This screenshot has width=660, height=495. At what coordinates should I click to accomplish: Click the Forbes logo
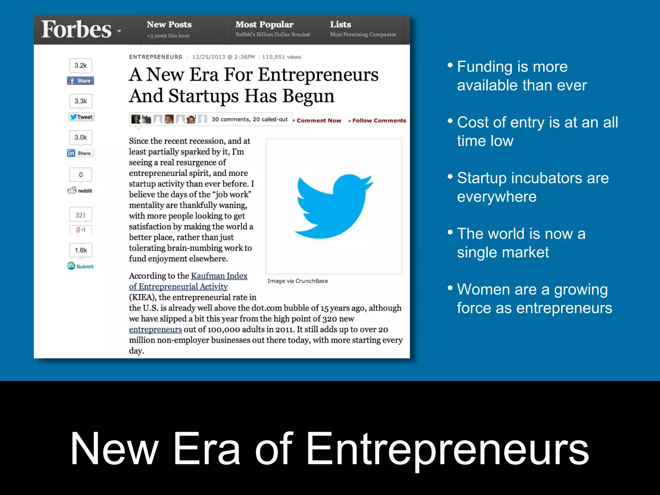click(x=76, y=29)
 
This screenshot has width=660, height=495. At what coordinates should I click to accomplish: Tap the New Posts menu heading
click(x=169, y=24)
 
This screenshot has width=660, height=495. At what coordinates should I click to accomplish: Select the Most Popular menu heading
click(x=264, y=24)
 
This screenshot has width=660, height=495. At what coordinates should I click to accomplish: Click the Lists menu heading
click(x=340, y=24)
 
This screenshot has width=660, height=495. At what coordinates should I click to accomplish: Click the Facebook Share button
click(x=81, y=81)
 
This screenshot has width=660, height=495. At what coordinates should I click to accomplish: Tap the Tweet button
click(x=81, y=117)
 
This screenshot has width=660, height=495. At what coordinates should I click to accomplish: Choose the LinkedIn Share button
click(x=80, y=153)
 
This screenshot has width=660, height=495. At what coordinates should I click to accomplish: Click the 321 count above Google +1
click(x=81, y=215)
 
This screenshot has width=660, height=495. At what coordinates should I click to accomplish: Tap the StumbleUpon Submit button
click(x=81, y=266)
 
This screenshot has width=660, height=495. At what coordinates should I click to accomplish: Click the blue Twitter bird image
click(x=334, y=206)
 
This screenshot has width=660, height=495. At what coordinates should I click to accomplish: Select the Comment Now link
click(x=317, y=121)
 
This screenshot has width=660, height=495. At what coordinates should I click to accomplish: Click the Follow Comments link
click(x=377, y=121)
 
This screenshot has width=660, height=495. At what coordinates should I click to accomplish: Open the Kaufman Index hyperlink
click(x=219, y=276)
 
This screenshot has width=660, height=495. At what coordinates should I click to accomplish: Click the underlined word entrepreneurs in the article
click(x=155, y=330)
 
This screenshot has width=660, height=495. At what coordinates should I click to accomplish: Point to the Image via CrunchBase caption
click(x=297, y=281)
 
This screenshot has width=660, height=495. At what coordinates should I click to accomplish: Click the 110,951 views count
click(x=281, y=57)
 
